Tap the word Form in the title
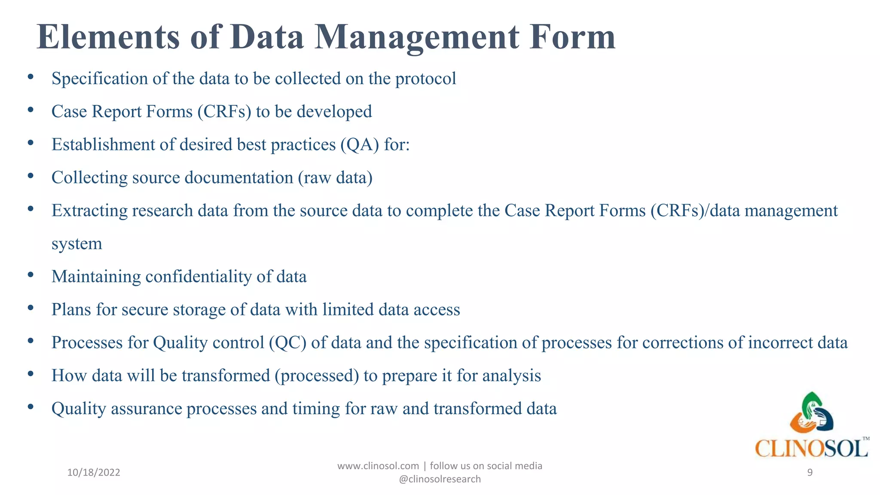click(x=572, y=37)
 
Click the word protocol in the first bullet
click(x=425, y=79)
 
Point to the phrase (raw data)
click(x=335, y=178)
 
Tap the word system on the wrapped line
click(x=77, y=244)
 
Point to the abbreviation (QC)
click(x=287, y=343)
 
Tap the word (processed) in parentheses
click(x=317, y=376)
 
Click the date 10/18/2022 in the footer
click(x=94, y=473)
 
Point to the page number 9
click(x=810, y=473)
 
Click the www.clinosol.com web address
click(x=378, y=466)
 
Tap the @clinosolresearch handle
click(x=440, y=479)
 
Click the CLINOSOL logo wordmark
click(x=811, y=449)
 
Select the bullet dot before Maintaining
click(x=31, y=275)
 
